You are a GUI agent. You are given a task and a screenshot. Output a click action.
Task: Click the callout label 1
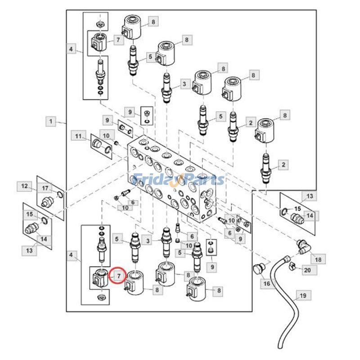[x=51, y=121]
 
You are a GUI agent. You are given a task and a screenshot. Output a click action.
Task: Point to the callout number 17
[x=45, y=188]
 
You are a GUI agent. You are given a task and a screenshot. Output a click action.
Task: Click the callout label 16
[x=266, y=283]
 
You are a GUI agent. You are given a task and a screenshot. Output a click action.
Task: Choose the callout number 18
[x=318, y=260]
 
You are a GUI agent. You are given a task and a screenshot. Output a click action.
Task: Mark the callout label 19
[x=302, y=296]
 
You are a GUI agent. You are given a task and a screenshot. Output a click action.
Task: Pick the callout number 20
[x=307, y=270]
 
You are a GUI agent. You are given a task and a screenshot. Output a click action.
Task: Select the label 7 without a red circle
[x=118, y=40]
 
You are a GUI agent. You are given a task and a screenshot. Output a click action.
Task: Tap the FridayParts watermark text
[x=180, y=180]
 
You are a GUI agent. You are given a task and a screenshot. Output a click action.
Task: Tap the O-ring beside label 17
[x=60, y=194]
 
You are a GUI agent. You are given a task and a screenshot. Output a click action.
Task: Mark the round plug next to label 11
[x=97, y=144]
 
